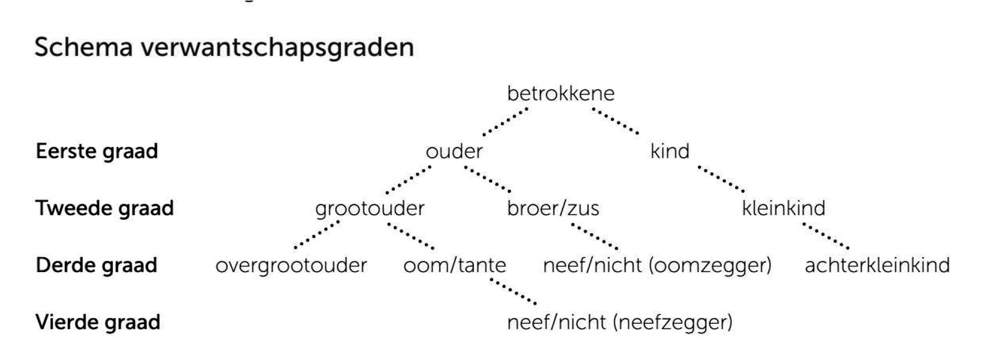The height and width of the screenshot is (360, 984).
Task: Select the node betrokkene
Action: pos(561,93)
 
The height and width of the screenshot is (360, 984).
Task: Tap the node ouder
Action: pos(454,151)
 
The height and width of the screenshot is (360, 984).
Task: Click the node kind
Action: pos(670,151)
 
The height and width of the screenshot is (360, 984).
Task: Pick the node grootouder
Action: pos(370,209)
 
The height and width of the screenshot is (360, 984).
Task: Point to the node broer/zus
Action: pos(553,208)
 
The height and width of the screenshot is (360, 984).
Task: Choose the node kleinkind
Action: pos(784,208)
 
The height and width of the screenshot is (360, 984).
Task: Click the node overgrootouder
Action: pos(292,266)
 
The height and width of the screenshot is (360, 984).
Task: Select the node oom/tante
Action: pos(455,266)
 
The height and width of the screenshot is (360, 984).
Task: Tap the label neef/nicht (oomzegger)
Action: pos(657,266)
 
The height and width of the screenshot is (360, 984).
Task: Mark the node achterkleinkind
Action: pos(877,266)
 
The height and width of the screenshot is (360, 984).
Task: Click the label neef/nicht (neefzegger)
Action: pos(620,323)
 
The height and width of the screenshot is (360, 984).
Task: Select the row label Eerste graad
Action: pos(97,151)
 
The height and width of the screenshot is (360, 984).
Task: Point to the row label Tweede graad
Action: pos(104,208)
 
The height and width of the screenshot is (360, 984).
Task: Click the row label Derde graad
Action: pos(96,266)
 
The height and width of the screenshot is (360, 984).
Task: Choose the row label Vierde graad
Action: pos(98,323)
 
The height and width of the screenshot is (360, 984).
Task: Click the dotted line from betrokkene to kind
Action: pos(615,121)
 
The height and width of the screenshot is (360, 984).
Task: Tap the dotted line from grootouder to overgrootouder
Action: pos(317,234)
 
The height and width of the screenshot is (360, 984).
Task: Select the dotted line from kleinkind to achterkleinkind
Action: pos(826,236)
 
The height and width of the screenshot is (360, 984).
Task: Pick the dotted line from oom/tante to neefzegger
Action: pos(513,291)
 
